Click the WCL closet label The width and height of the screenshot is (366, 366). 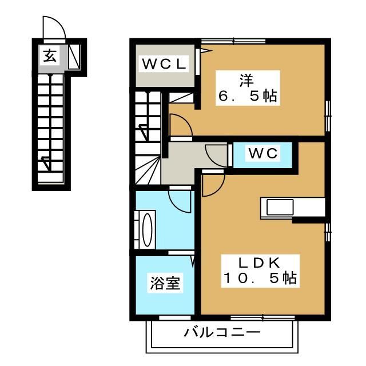tap(164, 65)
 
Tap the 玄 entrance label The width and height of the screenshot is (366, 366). tap(50, 55)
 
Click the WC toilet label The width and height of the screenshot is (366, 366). tap(262, 153)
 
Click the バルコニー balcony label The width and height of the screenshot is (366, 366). tap(222, 332)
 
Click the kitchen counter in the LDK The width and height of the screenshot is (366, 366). tap(292, 206)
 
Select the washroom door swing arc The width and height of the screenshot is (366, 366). tap(180, 201)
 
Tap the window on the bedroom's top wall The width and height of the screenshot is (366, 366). tap(234, 40)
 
